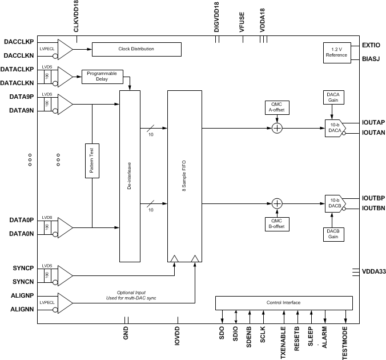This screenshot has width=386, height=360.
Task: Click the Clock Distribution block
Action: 136,49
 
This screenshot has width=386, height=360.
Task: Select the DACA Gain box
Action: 333,97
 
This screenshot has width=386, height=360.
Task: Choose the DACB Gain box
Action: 333,234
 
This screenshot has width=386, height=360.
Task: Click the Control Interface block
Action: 283,302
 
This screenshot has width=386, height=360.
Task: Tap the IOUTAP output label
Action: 373,122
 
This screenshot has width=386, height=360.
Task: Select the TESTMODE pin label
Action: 345,343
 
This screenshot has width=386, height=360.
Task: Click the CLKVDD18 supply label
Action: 76,18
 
